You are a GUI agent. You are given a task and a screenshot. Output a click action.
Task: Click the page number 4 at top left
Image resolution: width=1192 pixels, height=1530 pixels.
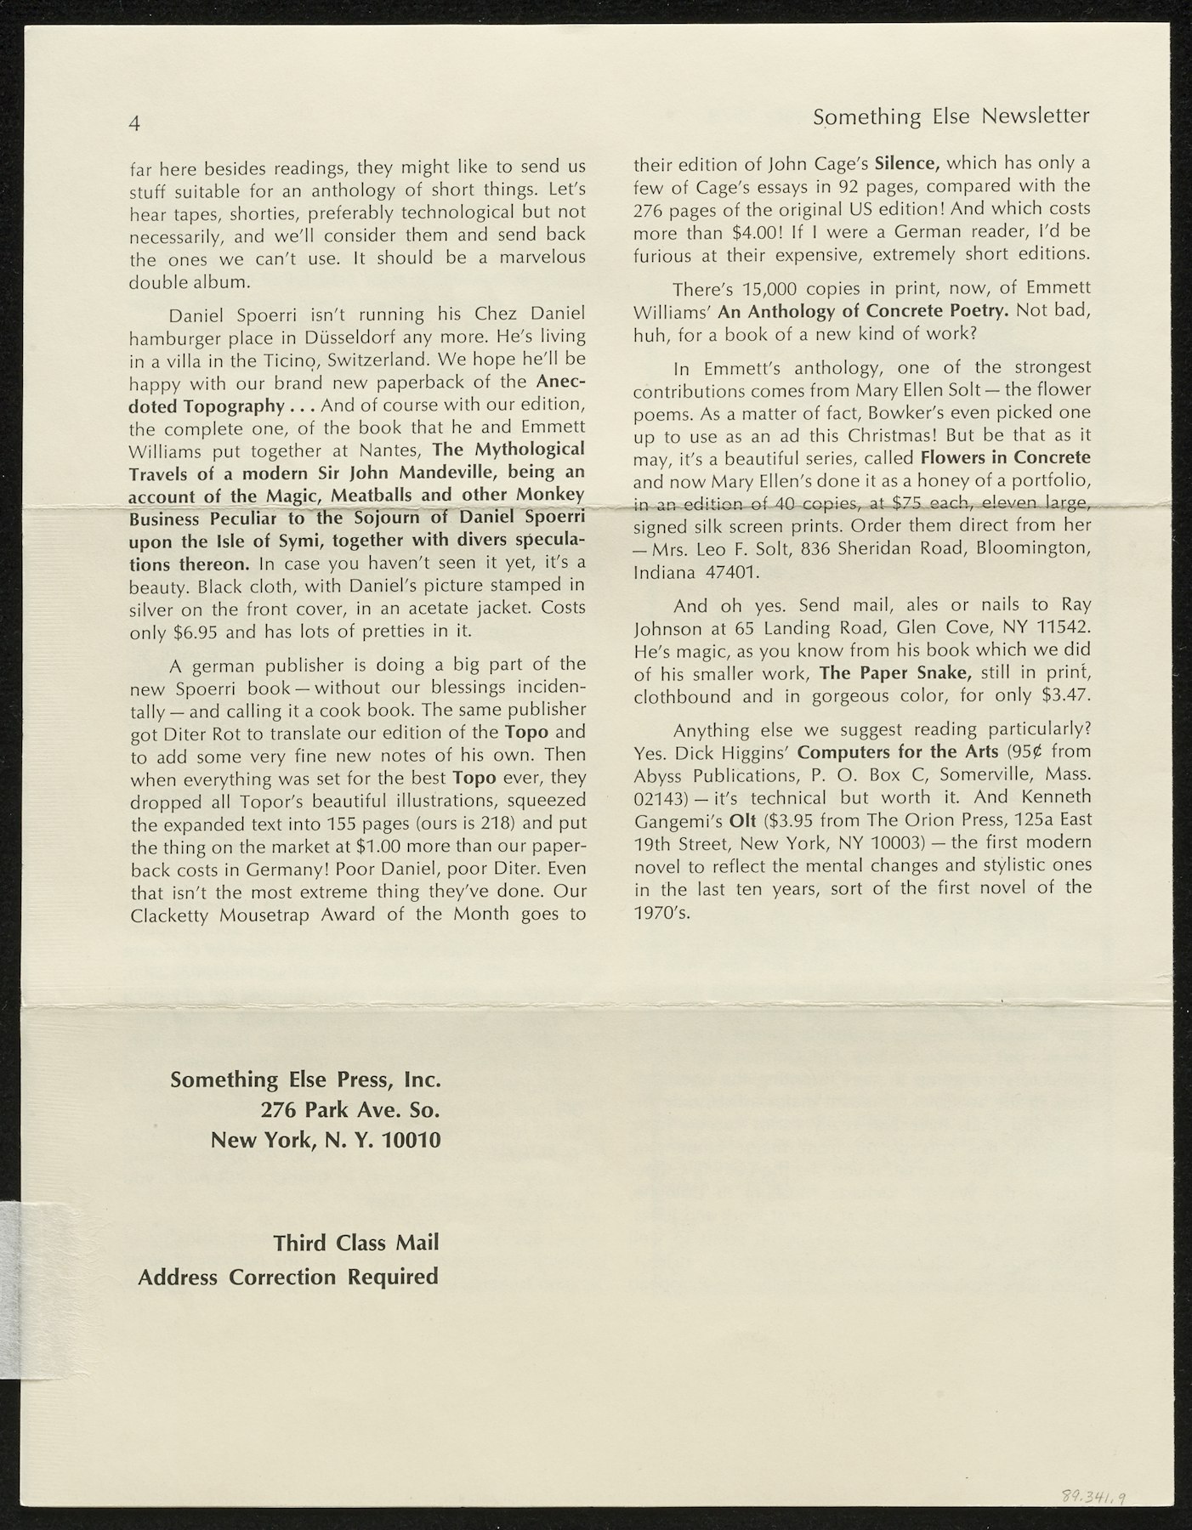[134, 123]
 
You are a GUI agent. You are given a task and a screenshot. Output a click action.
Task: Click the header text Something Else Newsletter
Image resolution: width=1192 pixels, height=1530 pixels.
[951, 116]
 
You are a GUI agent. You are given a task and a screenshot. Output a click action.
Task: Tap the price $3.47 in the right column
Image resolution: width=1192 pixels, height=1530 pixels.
[1065, 697]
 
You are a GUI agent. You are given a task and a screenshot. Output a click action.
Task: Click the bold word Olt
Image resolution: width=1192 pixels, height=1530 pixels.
[743, 820]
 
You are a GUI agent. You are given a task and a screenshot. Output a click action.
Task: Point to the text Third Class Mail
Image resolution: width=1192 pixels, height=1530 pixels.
[355, 1243]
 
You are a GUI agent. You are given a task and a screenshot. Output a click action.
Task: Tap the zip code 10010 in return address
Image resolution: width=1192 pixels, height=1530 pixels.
[412, 1139]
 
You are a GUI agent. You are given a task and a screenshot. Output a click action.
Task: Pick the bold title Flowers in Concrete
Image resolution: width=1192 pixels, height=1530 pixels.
[1006, 457]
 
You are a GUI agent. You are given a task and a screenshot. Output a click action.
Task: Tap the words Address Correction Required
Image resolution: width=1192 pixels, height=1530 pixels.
[288, 1277]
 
